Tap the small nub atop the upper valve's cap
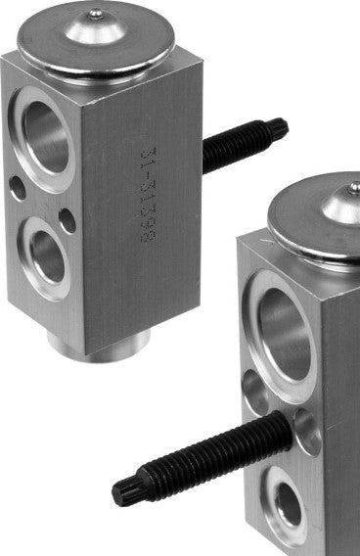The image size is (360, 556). click(x=94, y=14)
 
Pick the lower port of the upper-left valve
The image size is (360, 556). click(x=47, y=253)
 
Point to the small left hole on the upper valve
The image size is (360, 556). click(x=17, y=187)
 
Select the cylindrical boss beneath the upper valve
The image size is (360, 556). click(x=98, y=342)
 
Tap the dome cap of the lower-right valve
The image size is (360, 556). click(x=323, y=221)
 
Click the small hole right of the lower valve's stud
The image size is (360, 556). click(x=308, y=432)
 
